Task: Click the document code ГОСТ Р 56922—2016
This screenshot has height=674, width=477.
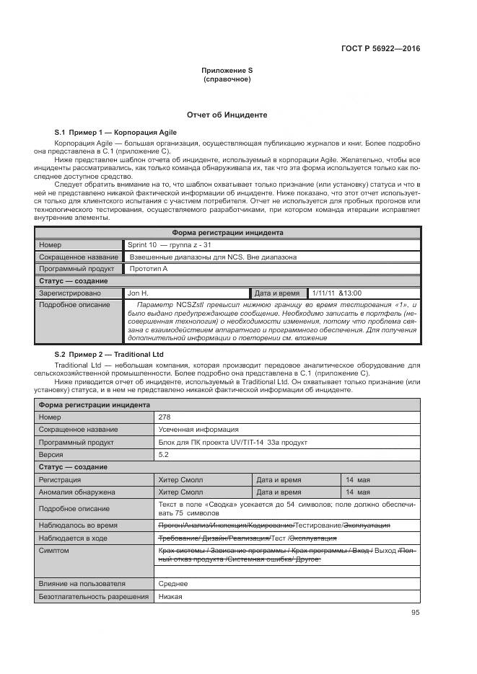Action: click(x=380, y=48)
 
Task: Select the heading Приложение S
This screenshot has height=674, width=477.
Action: click(x=227, y=71)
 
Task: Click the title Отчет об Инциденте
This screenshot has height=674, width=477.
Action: click(x=227, y=115)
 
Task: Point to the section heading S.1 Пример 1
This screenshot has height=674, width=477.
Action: click(x=115, y=133)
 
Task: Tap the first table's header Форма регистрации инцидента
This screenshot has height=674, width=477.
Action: click(x=227, y=233)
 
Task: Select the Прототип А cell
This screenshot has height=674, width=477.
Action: click(x=148, y=269)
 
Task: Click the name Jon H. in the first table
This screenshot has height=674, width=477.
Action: click(x=137, y=293)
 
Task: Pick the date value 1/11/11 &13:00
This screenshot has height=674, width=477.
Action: click(x=336, y=293)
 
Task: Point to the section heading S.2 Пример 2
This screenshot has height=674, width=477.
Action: click(x=109, y=355)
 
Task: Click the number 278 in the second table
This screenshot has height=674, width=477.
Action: click(x=164, y=417)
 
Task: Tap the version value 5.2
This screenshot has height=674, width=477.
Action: click(x=163, y=455)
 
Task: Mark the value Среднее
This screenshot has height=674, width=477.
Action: click(x=172, y=583)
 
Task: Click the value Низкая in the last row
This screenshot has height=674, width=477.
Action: click(x=170, y=596)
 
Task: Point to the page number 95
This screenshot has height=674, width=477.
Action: click(x=416, y=613)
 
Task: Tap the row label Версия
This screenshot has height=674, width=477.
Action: click(x=51, y=455)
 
